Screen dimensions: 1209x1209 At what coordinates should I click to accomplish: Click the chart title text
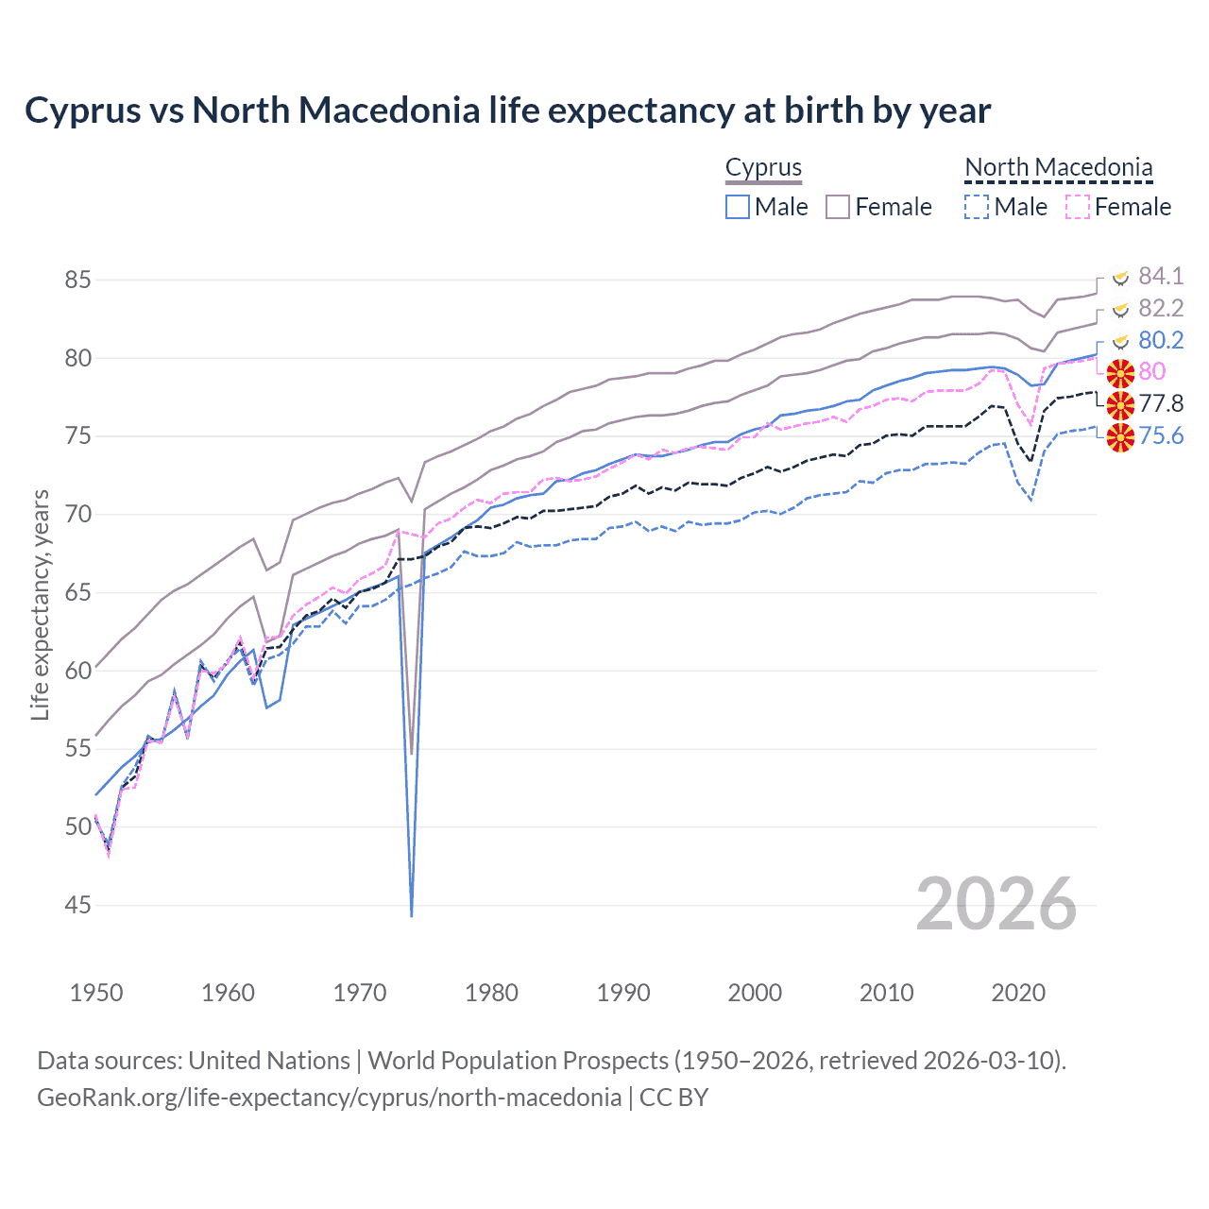pyautogui.click(x=507, y=111)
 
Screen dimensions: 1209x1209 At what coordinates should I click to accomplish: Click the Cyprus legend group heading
pyautogui.click(x=763, y=168)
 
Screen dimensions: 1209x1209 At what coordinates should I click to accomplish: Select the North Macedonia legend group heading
pyautogui.click(x=1058, y=168)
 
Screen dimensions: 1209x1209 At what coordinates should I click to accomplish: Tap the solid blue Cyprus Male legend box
pyautogui.click(x=738, y=207)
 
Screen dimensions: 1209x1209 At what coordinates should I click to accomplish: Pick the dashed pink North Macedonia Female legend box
pyautogui.click(x=1078, y=207)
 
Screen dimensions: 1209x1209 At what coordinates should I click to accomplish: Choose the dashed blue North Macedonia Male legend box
pyautogui.click(x=977, y=207)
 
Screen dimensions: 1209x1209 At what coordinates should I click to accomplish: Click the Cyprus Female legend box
pyautogui.click(x=838, y=207)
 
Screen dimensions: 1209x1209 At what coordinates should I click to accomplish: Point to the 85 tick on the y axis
pyautogui.click(x=78, y=281)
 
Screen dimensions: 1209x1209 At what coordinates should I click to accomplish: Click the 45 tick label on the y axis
pyautogui.click(x=78, y=906)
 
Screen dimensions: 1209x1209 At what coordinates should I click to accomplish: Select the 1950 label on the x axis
pyautogui.click(x=96, y=993)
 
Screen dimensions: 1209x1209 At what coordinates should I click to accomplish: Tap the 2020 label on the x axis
pyautogui.click(x=1018, y=993)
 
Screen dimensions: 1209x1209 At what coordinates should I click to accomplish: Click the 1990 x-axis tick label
pyautogui.click(x=623, y=993)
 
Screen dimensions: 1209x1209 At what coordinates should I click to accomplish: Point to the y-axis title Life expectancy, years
pyautogui.click(x=40, y=604)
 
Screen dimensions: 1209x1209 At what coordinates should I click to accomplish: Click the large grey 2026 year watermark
pyautogui.click(x=996, y=904)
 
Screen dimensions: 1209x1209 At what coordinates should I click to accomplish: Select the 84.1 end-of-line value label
pyautogui.click(x=1160, y=276)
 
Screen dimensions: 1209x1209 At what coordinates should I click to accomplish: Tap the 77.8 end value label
pyautogui.click(x=1160, y=404)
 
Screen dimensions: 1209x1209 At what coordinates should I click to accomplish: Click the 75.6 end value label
pyautogui.click(x=1160, y=436)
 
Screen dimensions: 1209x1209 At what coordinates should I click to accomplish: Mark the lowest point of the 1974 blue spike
pyautogui.click(x=412, y=915)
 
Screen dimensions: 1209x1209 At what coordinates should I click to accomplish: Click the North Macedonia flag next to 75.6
pyautogui.click(x=1120, y=437)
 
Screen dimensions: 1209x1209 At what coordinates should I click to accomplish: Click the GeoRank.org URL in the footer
pyautogui.click(x=329, y=1098)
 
